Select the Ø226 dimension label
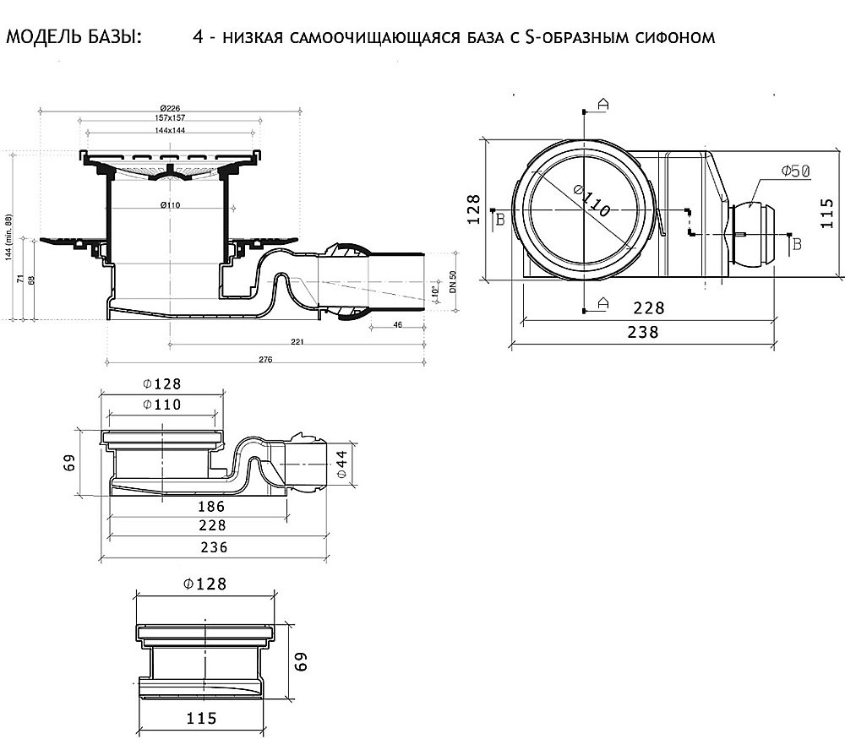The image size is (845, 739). pyautogui.click(x=172, y=108)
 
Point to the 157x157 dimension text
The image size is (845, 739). pyautogui.click(x=172, y=119)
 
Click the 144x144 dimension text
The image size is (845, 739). pyautogui.click(x=171, y=131)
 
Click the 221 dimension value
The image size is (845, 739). pyautogui.click(x=297, y=342)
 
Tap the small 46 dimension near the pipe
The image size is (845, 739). pyautogui.click(x=398, y=324)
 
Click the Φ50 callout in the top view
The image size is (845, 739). pyautogui.click(x=795, y=171)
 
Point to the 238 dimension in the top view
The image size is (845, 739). pyautogui.click(x=644, y=332)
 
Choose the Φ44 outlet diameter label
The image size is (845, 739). pyautogui.click(x=343, y=465)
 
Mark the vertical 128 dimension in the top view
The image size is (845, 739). pyautogui.click(x=473, y=209)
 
